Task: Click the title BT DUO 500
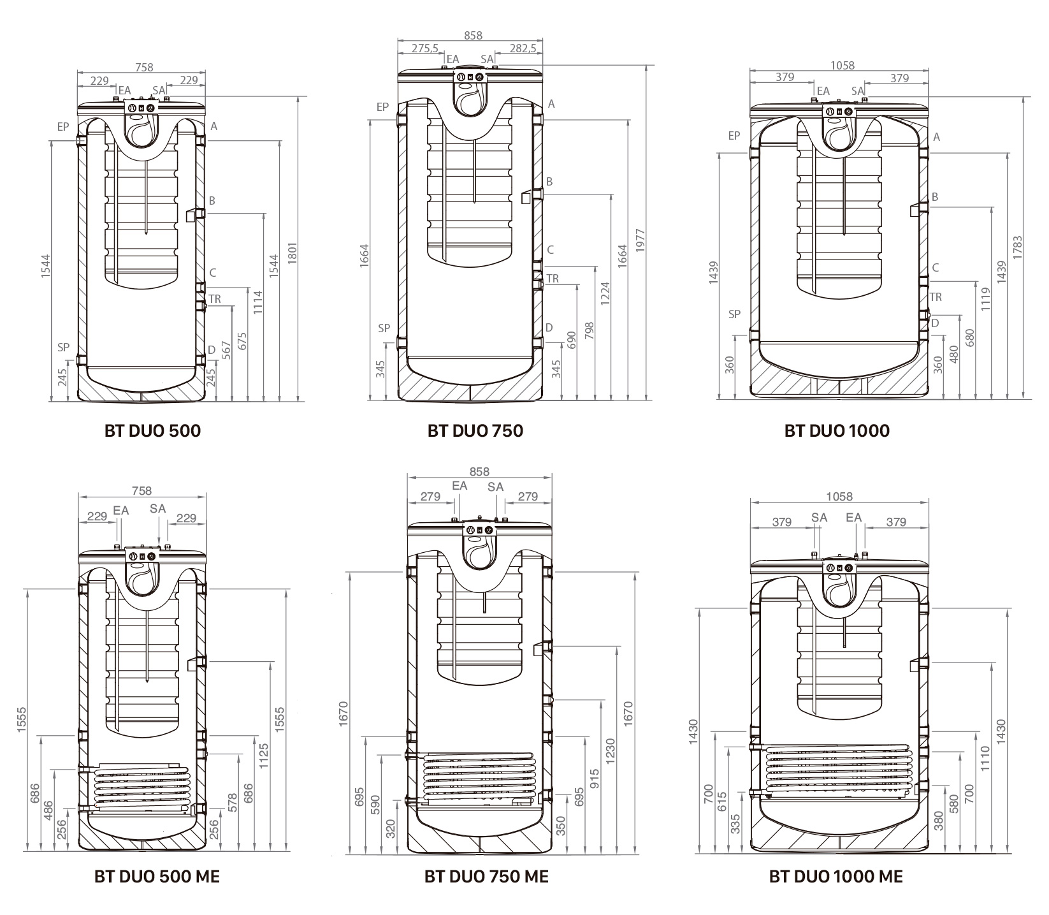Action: click(x=152, y=431)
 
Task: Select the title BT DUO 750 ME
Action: click(x=486, y=877)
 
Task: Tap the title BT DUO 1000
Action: click(x=837, y=431)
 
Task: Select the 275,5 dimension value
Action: click(x=424, y=48)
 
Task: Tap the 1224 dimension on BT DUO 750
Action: click(x=605, y=293)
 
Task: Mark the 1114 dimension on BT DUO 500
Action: click(x=257, y=302)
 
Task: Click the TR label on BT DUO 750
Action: click(x=553, y=279)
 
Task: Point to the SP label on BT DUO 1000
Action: click(x=735, y=314)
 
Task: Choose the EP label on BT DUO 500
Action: click(x=62, y=127)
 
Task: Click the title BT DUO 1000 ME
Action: click(x=836, y=877)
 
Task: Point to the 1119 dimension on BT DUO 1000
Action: click(x=986, y=299)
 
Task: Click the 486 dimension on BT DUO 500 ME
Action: click(x=50, y=812)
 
